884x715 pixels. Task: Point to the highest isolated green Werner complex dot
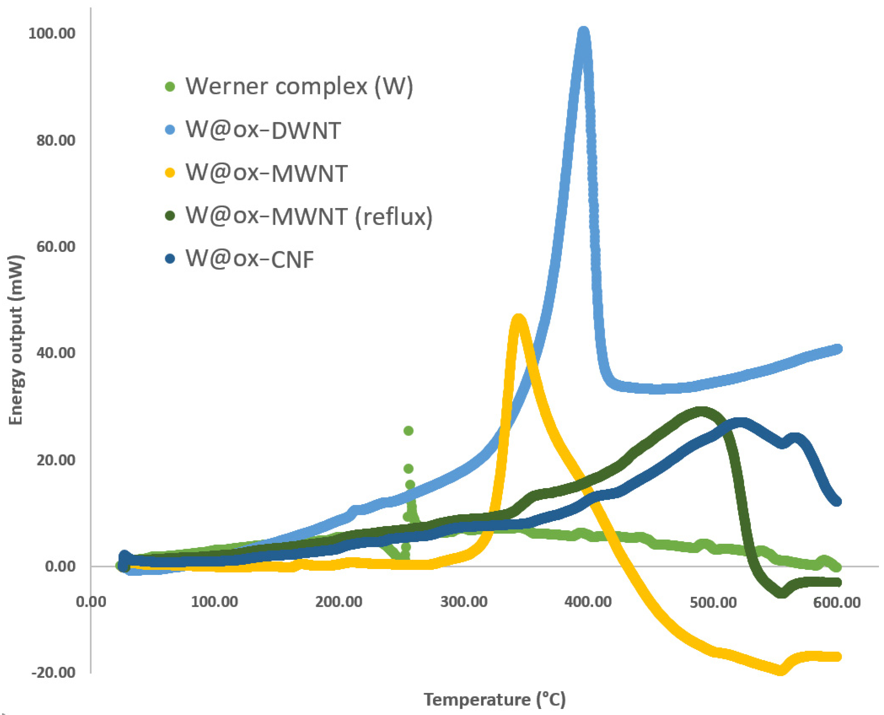click(408, 431)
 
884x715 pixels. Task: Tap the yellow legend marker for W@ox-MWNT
click(170, 173)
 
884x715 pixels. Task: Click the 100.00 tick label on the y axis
click(52, 33)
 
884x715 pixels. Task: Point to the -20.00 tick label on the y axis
click(54, 672)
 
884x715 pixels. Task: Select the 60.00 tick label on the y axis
click(56, 246)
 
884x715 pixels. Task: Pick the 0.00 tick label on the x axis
click(91, 602)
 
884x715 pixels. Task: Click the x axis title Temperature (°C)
click(495, 699)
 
